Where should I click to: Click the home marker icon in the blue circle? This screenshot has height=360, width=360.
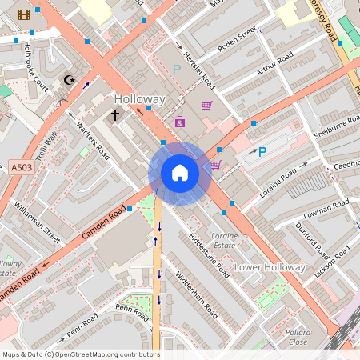click(180, 173)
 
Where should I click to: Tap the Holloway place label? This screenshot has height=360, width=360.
click(140, 99)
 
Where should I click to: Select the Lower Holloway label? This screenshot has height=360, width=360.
click(270, 266)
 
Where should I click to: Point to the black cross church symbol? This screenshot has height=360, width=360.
click(114, 115)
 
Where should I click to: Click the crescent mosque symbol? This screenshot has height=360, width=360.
click(70, 80)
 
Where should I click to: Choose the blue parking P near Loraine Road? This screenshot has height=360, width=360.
click(262, 151)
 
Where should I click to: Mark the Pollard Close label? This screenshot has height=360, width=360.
click(298, 336)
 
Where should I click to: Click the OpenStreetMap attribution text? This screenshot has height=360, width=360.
click(80, 354)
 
